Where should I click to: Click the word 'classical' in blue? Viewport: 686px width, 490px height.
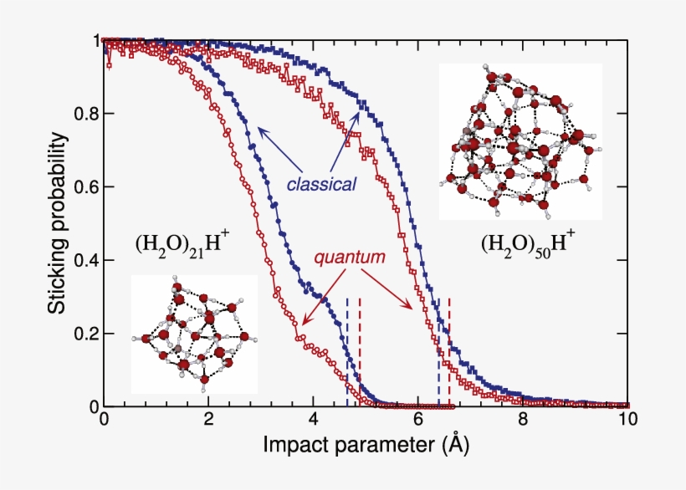click(321, 183)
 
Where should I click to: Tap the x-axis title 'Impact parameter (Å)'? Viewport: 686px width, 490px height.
click(365, 445)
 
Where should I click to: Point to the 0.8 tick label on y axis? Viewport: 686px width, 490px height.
click(85, 114)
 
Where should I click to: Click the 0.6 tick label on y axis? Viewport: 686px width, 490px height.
click(85, 187)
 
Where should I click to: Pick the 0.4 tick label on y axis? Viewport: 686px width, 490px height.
click(85, 260)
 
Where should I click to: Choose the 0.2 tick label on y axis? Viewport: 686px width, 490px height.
click(85, 334)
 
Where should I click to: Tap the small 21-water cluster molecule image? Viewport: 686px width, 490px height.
click(194, 334)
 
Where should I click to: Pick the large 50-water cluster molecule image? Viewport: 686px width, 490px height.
click(520, 142)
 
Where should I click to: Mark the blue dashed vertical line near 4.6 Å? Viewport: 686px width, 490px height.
click(347, 351)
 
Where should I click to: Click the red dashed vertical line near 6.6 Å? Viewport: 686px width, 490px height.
click(449, 351)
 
